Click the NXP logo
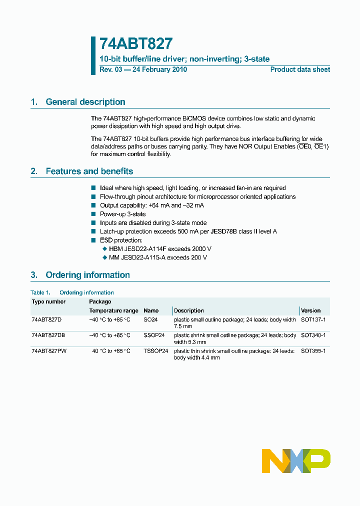point(296,460)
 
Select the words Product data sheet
point(300,69)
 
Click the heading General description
point(85,102)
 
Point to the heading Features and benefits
point(89,171)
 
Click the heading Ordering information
point(87,275)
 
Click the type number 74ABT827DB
point(48,335)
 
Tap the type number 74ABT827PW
point(48,351)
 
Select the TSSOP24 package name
point(155,351)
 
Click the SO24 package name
point(150,319)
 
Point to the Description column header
point(189,310)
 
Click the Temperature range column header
point(113,310)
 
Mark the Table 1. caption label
point(40,292)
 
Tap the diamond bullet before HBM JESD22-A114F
point(104,249)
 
